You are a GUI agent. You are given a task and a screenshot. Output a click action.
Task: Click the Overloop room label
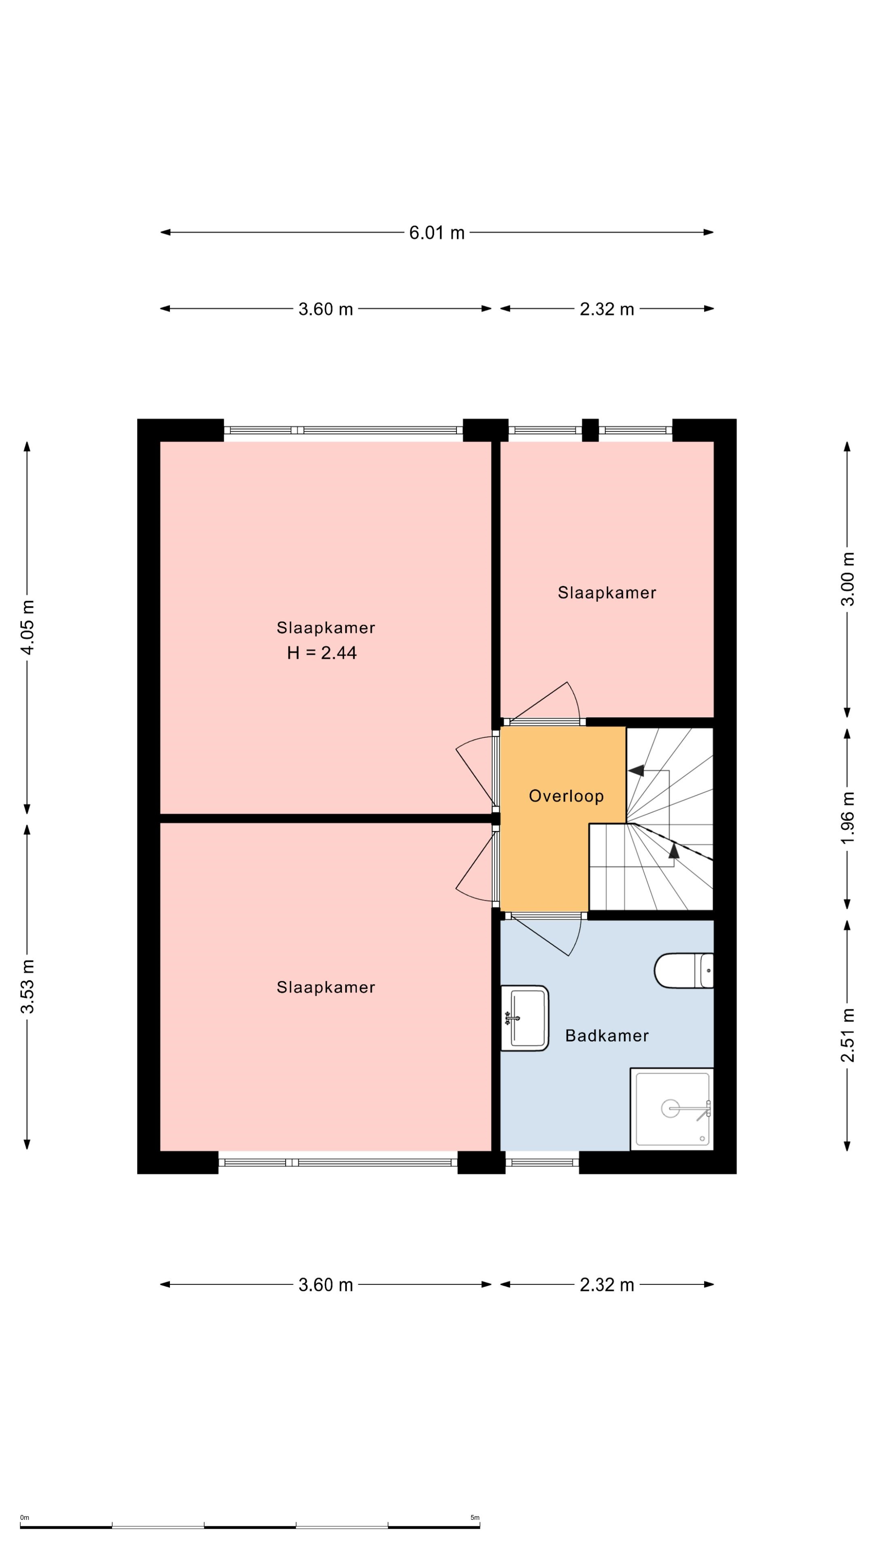pos(566,796)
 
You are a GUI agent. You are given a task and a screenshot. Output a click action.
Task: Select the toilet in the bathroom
pos(684,971)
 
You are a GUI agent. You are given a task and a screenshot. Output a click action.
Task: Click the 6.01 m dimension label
pos(437,233)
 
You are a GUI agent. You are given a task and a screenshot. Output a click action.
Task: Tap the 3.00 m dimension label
pos(847,579)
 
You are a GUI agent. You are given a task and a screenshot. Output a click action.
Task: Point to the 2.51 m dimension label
pos(847,1035)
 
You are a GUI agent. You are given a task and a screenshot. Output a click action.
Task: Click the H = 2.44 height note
pos(322,653)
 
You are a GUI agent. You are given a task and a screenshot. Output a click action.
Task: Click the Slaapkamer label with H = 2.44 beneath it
pos(326,628)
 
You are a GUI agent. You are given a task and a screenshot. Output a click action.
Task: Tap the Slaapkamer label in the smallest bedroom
pos(607,592)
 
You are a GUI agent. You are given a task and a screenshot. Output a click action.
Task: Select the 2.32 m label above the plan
pos(607,309)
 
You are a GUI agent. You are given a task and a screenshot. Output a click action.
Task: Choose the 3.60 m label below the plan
pos(326,1285)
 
